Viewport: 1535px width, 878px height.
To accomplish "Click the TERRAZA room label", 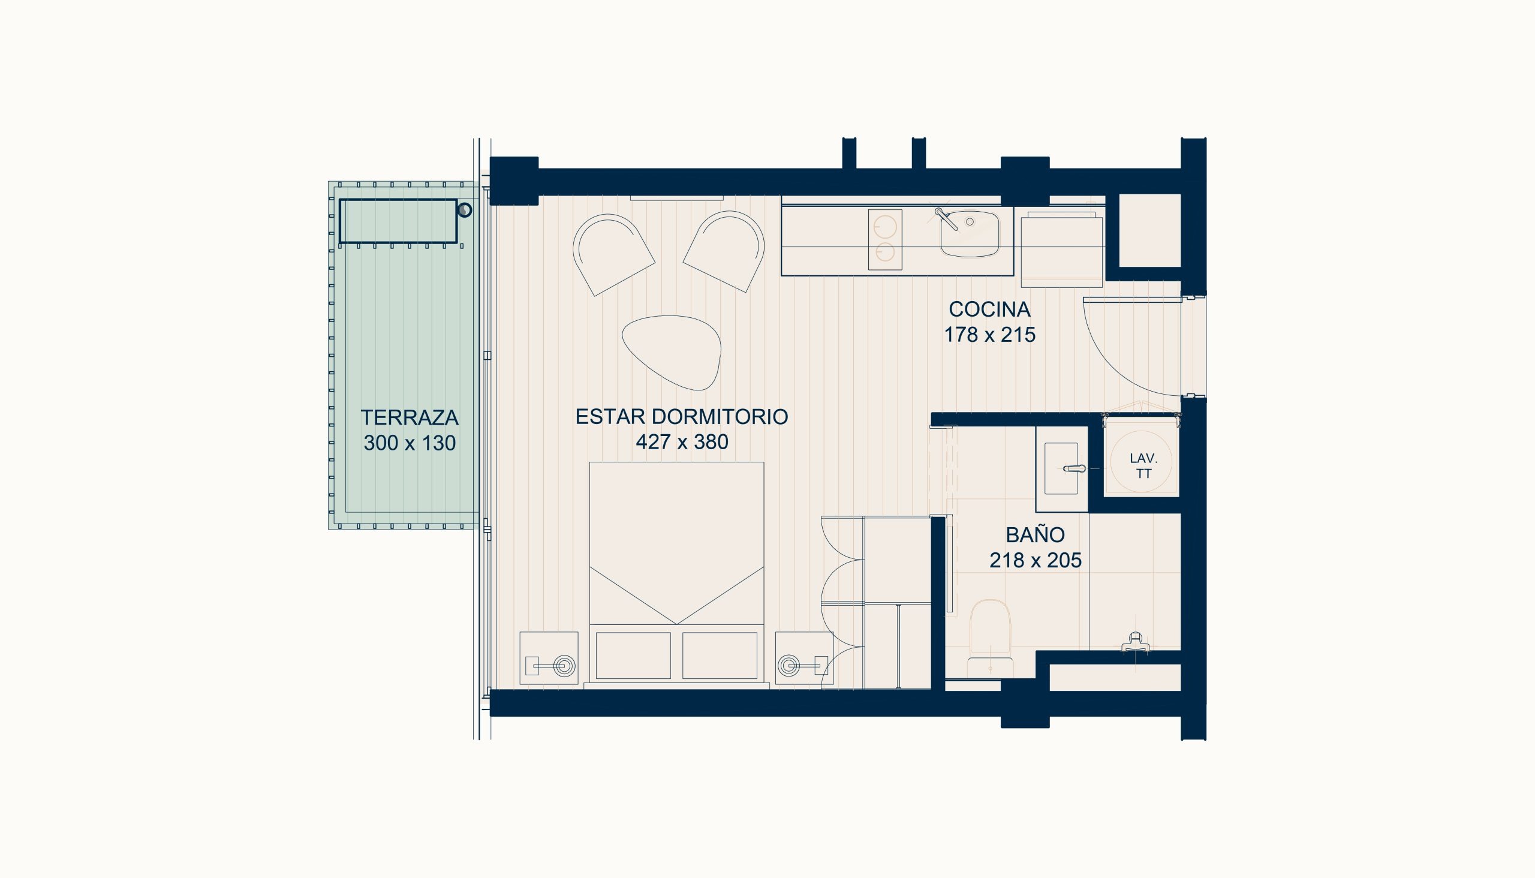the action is (410, 417).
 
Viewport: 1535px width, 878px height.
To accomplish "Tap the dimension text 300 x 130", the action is (410, 443).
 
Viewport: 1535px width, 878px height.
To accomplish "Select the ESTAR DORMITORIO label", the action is (682, 417).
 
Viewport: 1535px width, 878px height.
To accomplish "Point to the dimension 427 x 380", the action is (682, 442).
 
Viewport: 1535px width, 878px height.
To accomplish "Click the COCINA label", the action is (989, 309).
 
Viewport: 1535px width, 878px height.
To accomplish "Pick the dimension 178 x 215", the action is (989, 335).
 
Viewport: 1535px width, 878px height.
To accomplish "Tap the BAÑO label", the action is (1035, 534).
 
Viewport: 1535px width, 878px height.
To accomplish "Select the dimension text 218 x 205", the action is (1035, 560).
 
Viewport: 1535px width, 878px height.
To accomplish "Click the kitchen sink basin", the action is (969, 233).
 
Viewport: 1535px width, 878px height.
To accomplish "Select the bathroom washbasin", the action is (1061, 468).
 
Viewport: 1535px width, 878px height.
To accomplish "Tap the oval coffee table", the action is (672, 352).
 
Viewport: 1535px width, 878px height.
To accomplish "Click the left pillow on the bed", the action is (633, 656).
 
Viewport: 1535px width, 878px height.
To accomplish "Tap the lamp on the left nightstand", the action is (564, 666).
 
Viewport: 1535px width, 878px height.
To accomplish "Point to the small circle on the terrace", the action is (464, 211).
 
